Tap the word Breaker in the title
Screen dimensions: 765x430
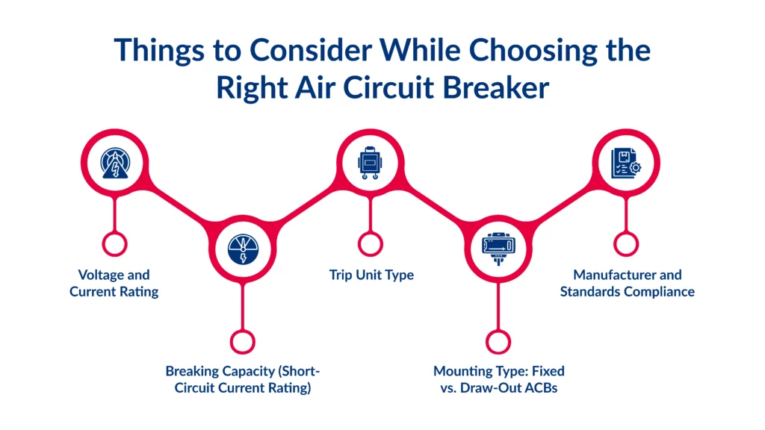tap(496, 88)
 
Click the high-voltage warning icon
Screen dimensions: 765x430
tap(115, 163)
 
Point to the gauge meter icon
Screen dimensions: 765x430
tap(243, 249)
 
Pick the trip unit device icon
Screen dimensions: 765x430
tap(370, 163)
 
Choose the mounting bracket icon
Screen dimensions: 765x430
tap(498, 249)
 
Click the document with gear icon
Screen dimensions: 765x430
tap(626, 163)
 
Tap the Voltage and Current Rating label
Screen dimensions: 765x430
tap(114, 283)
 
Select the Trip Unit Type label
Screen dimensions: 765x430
tap(371, 275)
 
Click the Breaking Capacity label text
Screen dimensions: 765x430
tap(243, 379)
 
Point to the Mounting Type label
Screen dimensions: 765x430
tap(498, 379)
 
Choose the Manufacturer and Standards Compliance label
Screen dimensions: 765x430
tap(628, 283)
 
